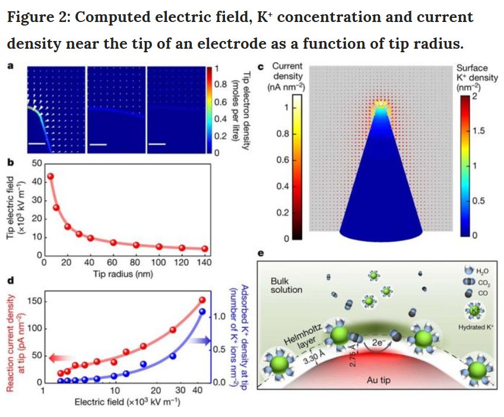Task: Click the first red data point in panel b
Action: [x=50, y=176]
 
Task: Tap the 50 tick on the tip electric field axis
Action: [x=36, y=163]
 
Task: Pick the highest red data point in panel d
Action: [x=201, y=300]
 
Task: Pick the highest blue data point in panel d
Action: [x=201, y=311]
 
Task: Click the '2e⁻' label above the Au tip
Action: [x=378, y=342]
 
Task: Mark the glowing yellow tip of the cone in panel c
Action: [x=380, y=108]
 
